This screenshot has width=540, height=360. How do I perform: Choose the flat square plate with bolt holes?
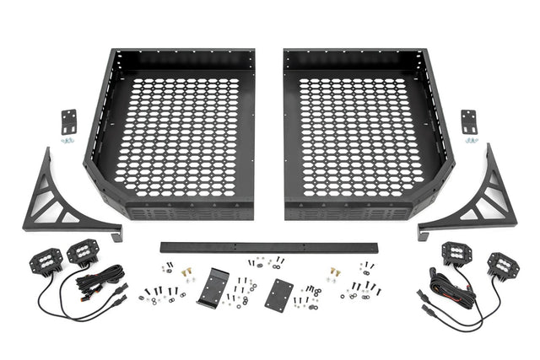(x=278, y=294)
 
